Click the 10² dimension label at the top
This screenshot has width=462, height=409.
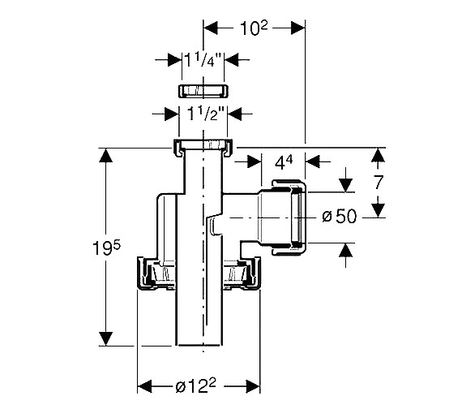click(254, 28)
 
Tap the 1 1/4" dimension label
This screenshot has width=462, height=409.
click(203, 59)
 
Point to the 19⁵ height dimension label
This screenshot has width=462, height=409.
click(106, 248)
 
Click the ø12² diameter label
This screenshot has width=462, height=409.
click(195, 385)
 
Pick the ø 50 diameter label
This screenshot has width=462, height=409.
click(340, 216)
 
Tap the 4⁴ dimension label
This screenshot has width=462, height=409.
click(284, 162)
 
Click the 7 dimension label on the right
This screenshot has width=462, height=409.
click(379, 182)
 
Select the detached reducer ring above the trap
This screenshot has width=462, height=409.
click(203, 91)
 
